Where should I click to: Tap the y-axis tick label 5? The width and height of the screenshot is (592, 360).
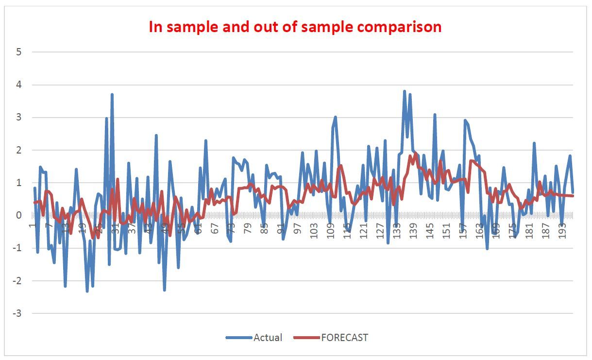(19, 52)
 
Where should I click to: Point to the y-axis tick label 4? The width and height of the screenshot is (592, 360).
(19, 85)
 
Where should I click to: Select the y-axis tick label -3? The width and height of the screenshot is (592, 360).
(18, 314)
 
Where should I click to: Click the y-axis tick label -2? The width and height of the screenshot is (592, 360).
(18, 281)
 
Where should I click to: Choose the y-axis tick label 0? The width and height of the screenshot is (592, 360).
(19, 215)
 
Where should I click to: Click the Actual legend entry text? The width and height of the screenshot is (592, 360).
(268, 337)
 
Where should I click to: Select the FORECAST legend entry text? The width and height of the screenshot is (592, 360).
(344, 337)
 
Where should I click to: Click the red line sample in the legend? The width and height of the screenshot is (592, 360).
(307, 337)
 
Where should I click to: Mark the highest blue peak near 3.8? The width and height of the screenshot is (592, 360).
(404, 91)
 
